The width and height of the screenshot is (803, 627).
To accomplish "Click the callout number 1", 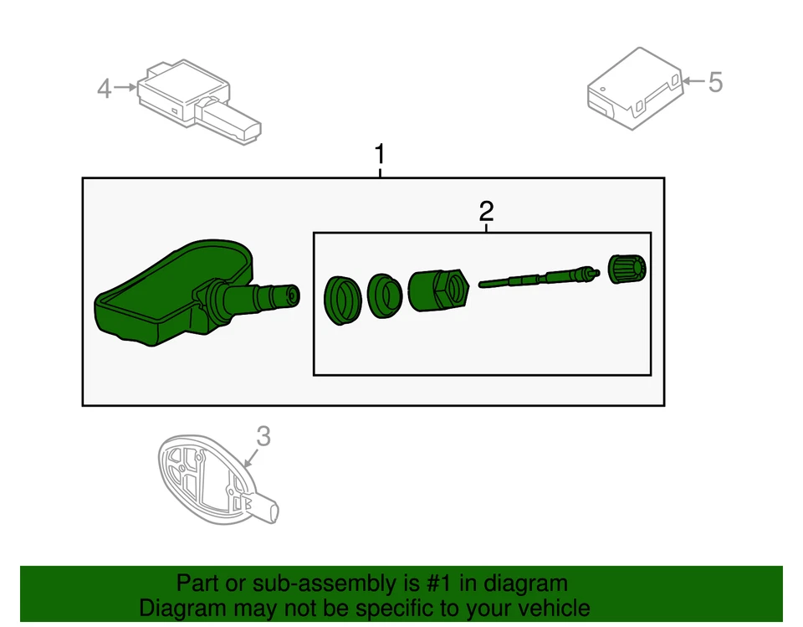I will [380, 155].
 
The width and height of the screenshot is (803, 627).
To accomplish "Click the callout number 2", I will [486, 210].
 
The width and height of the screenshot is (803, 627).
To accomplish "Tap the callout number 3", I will [263, 436].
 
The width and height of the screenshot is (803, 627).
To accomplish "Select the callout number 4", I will [104, 88].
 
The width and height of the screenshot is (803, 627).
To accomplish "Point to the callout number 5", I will [714, 82].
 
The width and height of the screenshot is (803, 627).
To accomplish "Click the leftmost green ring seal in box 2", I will [341, 299].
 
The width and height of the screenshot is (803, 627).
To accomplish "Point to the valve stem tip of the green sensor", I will [289, 295].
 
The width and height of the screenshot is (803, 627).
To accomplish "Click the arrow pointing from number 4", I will [125, 87].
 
